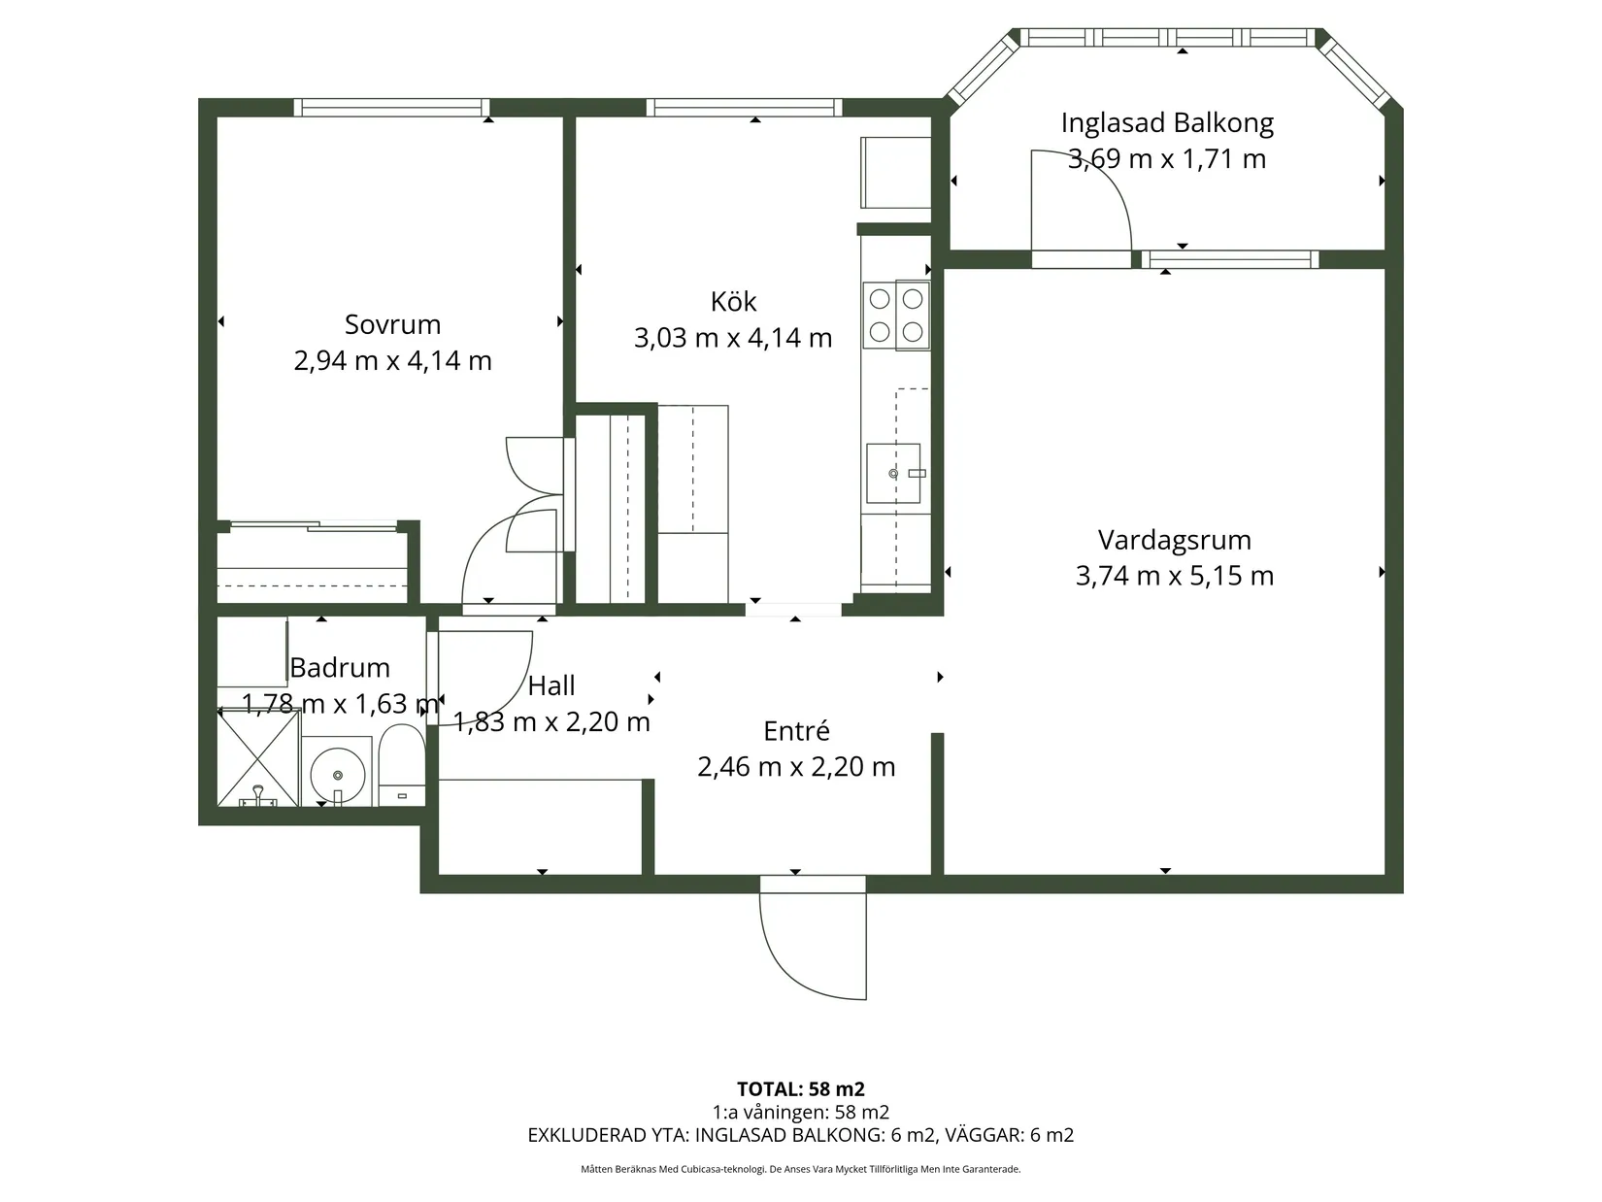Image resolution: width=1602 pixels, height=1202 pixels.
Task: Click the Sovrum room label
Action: (x=392, y=324)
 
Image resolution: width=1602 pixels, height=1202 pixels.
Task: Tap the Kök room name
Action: (x=733, y=301)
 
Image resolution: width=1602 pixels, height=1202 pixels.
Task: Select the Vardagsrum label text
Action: (x=1174, y=540)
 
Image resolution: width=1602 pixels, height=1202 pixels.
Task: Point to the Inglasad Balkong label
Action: (x=1167, y=123)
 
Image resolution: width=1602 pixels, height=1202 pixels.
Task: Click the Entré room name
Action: (x=796, y=730)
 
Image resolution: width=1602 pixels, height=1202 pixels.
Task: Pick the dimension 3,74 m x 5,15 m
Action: (x=1174, y=576)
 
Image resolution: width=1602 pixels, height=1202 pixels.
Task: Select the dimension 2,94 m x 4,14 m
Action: (x=392, y=360)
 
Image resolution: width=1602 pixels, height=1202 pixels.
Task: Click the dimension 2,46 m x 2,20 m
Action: (x=796, y=766)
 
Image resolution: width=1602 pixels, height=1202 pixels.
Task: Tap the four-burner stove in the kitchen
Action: (x=896, y=316)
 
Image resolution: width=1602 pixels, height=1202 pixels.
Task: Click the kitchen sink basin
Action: (x=893, y=473)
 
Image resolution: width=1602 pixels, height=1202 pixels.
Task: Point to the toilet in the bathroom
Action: (x=401, y=764)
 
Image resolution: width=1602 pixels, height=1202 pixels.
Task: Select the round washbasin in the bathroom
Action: (x=337, y=774)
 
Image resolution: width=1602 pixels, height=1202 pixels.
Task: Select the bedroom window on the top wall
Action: (x=392, y=108)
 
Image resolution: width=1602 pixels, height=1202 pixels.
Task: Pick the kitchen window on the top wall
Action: (x=745, y=108)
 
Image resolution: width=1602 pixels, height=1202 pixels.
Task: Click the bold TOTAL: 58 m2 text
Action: (x=801, y=1088)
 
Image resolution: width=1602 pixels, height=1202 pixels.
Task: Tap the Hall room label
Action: (x=551, y=685)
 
